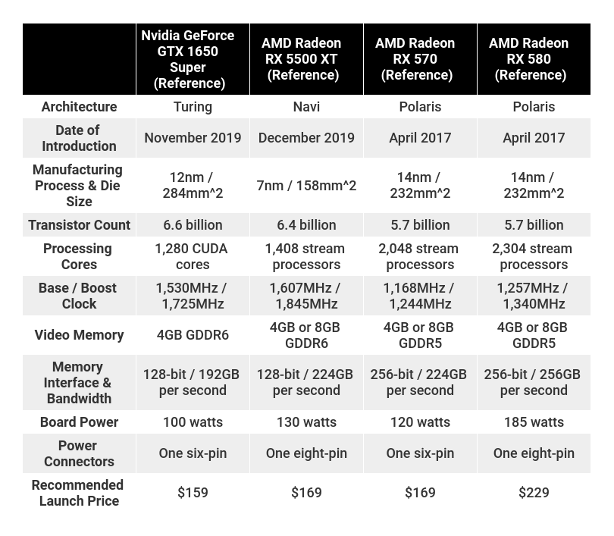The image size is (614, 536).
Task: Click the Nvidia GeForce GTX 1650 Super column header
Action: point(193,59)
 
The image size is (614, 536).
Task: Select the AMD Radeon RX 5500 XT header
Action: point(306,59)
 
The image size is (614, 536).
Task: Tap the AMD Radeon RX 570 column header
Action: point(420,59)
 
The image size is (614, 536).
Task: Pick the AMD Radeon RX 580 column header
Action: point(534,59)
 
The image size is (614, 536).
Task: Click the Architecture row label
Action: point(79,107)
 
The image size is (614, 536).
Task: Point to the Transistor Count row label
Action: point(79,225)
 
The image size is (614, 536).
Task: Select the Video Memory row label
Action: point(79,335)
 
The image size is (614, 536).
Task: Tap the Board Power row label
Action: point(79,422)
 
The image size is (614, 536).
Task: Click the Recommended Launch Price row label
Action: point(79,493)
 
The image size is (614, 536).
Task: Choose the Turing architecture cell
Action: point(193,107)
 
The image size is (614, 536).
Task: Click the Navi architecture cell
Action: point(306,107)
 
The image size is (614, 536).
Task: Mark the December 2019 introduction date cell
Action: point(306,138)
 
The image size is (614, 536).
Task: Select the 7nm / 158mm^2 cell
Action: point(306,186)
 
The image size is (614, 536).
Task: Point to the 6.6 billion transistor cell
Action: point(193,225)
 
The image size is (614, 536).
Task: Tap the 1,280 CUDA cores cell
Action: point(193,256)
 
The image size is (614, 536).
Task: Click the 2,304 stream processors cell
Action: point(534,256)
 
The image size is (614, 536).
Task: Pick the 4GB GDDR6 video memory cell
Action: point(193,335)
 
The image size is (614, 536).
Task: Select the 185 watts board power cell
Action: point(534,422)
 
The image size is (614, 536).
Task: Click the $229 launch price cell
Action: point(534,493)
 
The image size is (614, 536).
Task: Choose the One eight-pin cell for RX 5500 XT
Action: point(306,453)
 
